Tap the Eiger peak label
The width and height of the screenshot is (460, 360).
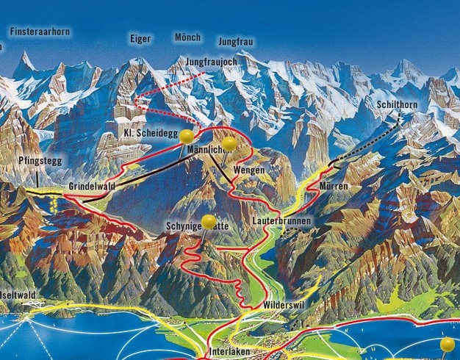pyautogui.click(x=140, y=37)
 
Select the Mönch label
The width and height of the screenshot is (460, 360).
pyautogui.click(x=187, y=37)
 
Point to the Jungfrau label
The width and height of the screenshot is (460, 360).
pyautogui.click(x=236, y=42)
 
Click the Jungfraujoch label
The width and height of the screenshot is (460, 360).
pyautogui.click(x=212, y=62)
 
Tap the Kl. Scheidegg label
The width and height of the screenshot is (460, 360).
pyautogui.click(x=150, y=133)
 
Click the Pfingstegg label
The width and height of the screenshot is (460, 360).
pyautogui.click(x=38, y=160)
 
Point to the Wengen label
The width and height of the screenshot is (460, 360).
pyautogui.click(x=248, y=170)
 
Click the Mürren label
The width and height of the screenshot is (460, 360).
pyautogui.click(x=334, y=187)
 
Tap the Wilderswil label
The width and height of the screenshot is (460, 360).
pyautogui.click(x=283, y=303)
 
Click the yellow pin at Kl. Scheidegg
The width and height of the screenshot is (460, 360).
pyautogui.click(x=187, y=136)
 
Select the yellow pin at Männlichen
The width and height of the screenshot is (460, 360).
pyautogui.click(x=229, y=143)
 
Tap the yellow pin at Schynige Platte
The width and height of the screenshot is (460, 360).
pyautogui.click(x=209, y=220)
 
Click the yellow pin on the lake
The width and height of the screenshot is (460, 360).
pyautogui.click(x=447, y=343)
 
